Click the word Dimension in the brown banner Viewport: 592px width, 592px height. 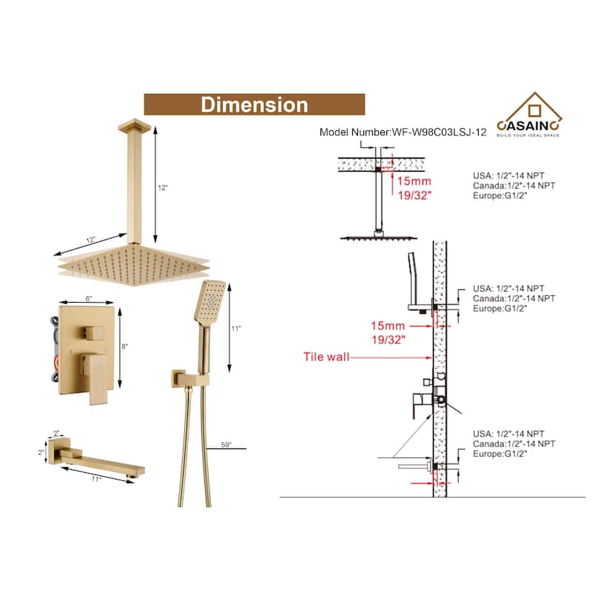point(254,104)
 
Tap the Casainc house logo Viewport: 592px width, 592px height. point(529,114)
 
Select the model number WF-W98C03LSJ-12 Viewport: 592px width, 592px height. point(439,132)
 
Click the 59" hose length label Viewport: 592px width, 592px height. point(226,445)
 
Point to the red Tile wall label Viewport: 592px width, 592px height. point(326,357)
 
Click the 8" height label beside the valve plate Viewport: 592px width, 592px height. point(124,346)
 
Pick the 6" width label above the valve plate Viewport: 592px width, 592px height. point(88,299)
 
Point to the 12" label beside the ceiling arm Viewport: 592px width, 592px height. point(163,188)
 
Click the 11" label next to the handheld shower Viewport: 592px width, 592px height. point(236,329)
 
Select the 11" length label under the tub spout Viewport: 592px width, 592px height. point(97,479)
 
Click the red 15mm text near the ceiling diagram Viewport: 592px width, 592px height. point(414,181)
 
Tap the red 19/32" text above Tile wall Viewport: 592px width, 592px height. point(388,340)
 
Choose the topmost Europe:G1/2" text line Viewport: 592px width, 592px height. point(499,195)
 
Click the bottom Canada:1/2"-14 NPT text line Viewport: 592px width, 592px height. point(514,443)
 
